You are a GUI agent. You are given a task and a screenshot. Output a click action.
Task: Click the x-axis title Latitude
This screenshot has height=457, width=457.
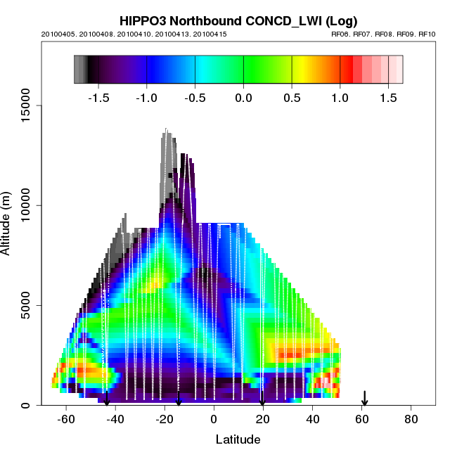pos(238,439)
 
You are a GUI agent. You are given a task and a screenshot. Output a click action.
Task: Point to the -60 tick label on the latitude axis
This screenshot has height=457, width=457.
pos(66,419)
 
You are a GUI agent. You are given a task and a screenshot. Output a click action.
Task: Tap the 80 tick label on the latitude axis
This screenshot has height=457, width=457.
pos(411,419)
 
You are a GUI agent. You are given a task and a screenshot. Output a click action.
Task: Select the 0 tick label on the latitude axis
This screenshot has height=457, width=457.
pos(214,419)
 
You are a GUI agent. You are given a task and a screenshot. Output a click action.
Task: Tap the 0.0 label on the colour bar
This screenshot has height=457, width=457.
pos(243,98)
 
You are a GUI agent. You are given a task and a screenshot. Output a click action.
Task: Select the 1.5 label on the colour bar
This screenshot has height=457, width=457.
pos(388,98)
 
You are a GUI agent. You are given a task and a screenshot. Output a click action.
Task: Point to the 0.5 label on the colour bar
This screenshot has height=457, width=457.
pos(292,98)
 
